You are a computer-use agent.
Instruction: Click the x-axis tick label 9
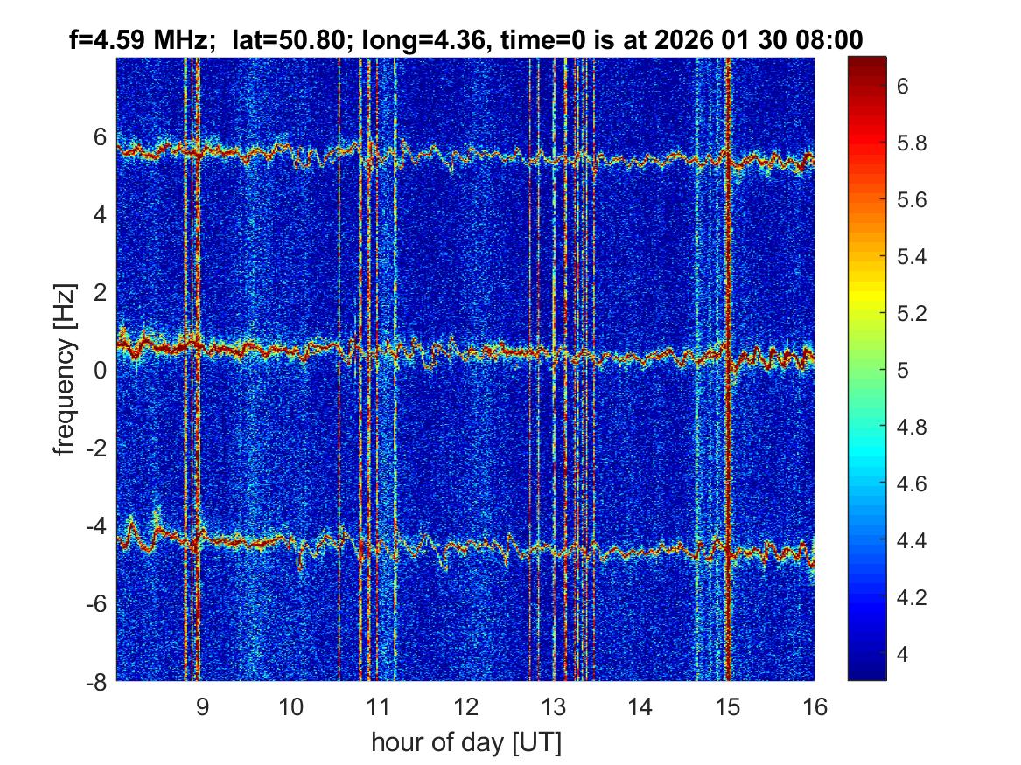(x=202, y=706)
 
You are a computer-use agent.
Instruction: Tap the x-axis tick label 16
(x=815, y=706)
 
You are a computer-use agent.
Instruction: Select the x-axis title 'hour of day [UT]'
(x=465, y=743)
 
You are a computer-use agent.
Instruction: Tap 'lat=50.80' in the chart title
(x=283, y=39)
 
